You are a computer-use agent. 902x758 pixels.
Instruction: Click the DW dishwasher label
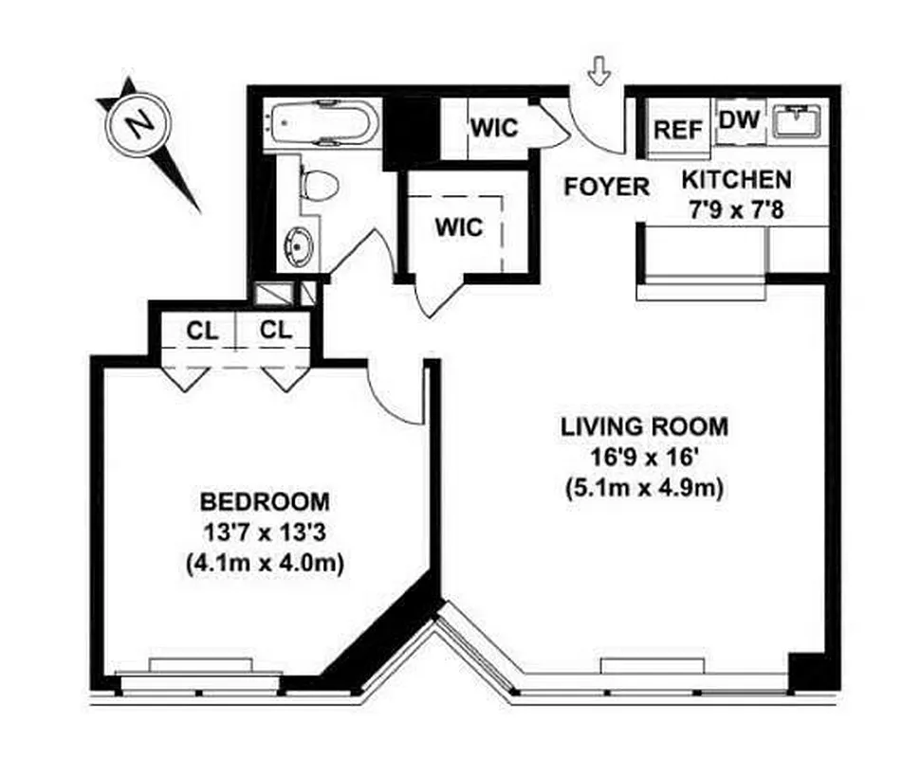[737, 120]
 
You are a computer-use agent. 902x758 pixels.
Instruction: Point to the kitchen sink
[797, 120]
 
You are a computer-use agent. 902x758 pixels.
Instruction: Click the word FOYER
[607, 186]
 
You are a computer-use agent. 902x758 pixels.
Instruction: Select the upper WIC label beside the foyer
[495, 126]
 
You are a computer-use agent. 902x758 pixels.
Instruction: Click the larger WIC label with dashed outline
[459, 227]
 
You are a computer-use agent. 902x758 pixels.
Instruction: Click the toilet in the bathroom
[318, 184]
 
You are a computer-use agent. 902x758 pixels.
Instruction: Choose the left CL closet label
[202, 331]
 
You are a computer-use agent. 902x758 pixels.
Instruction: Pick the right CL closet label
[275, 331]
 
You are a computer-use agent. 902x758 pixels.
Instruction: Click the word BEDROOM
[265, 500]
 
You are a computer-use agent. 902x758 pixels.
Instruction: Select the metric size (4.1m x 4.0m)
[265, 563]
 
